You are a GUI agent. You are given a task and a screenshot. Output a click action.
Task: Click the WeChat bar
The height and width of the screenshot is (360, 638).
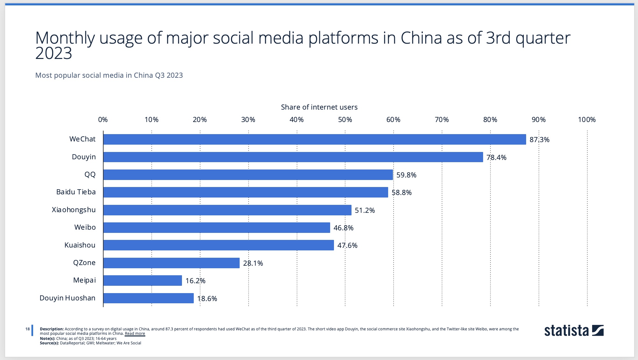click(x=315, y=140)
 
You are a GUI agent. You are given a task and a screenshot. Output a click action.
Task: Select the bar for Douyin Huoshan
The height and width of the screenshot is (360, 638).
click(x=149, y=298)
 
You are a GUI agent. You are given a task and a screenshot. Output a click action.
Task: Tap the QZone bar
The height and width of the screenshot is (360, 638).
click(x=171, y=263)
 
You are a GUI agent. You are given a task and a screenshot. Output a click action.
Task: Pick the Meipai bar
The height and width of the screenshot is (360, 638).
click(x=142, y=281)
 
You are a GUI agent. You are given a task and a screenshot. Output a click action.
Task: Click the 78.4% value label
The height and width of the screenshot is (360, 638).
click(x=496, y=157)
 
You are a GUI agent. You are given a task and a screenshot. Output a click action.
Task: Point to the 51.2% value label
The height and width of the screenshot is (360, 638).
click(x=365, y=210)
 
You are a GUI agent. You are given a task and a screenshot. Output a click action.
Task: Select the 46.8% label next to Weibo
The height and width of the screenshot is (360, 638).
click(x=343, y=228)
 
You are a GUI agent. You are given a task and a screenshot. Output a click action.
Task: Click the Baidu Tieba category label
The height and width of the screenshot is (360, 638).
click(x=76, y=192)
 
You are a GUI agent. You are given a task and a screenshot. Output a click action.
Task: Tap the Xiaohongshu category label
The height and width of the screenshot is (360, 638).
click(x=74, y=210)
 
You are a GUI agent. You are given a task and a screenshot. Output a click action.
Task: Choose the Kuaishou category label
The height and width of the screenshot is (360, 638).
click(x=80, y=245)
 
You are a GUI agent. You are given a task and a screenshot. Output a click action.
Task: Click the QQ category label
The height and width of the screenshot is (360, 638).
click(x=90, y=175)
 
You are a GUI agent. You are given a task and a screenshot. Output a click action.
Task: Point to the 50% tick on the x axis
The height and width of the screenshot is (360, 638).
click(x=345, y=120)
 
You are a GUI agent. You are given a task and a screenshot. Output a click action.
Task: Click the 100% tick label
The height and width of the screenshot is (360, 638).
click(x=587, y=120)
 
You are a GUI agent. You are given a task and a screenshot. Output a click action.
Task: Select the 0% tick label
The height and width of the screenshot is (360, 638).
click(x=103, y=120)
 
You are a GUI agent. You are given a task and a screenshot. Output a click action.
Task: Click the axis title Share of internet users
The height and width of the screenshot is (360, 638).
click(x=319, y=107)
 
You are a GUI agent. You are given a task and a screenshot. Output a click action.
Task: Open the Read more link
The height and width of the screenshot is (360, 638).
click(x=135, y=334)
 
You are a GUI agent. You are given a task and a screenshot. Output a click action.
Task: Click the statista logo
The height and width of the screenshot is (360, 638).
click(x=574, y=331)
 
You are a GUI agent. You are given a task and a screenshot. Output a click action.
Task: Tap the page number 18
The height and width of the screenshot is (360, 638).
click(x=28, y=329)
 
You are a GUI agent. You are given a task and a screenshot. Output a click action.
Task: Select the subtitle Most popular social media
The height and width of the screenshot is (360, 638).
click(x=109, y=76)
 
